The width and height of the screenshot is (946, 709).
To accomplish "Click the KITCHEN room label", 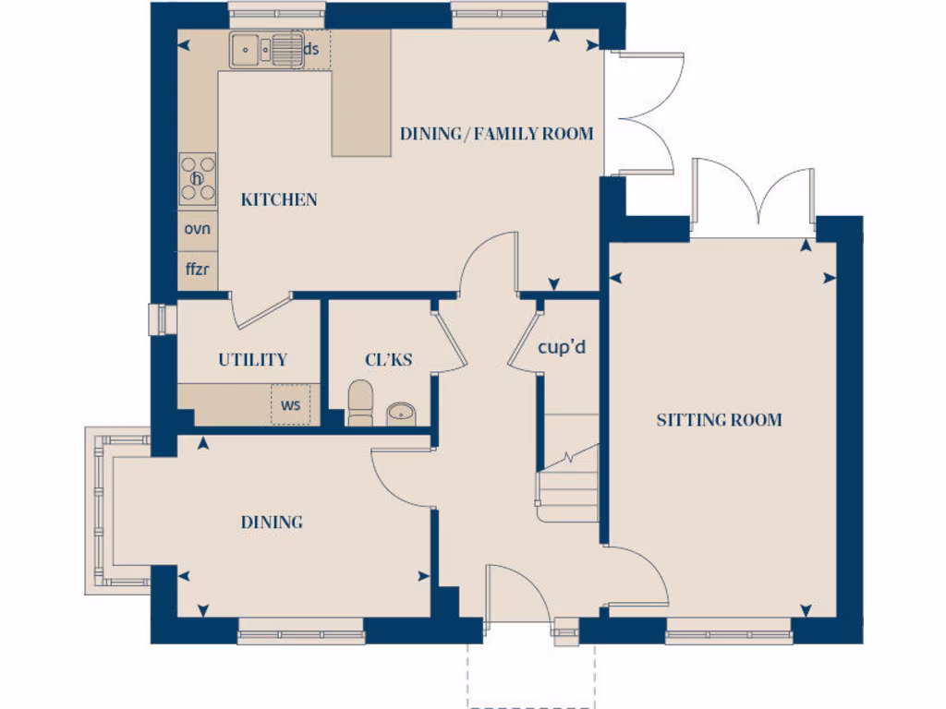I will (x=279, y=199).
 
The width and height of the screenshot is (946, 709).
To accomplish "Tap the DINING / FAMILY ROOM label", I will (x=496, y=134).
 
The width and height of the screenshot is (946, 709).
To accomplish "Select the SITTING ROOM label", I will (x=719, y=420).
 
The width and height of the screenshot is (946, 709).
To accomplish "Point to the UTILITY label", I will (x=252, y=360).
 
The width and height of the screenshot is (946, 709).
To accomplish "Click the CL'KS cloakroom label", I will (x=388, y=360).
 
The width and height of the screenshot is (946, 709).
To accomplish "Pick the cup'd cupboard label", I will (x=563, y=348).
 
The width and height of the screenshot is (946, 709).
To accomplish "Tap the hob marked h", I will (x=198, y=178).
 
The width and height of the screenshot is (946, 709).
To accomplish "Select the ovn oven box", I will (x=198, y=228).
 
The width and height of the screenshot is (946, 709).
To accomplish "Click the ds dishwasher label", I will (x=312, y=49).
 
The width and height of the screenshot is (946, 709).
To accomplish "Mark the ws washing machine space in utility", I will (x=291, y=404).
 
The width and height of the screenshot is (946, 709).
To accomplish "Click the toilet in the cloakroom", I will (x=359, y=404).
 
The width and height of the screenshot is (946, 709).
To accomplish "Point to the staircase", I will (x=569, y=471).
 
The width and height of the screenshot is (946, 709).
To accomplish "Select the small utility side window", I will (x=158, y=318).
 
